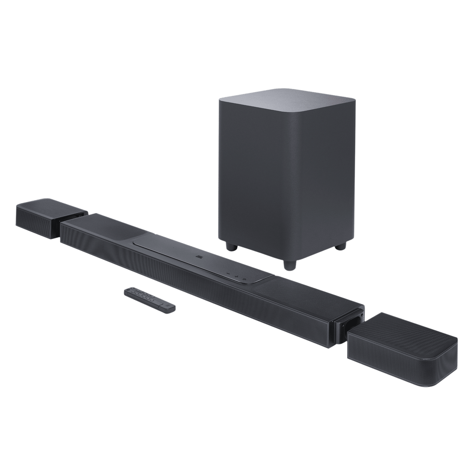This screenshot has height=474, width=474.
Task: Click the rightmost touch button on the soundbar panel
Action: pyautogui.click(x=245, y=278)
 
